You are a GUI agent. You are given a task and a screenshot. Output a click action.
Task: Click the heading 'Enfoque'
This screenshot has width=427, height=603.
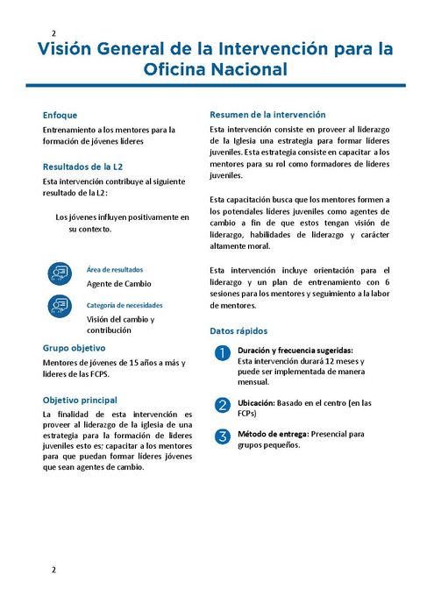coord(60,115)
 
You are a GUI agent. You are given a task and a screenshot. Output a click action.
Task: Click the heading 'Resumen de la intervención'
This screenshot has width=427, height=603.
coord(267,114)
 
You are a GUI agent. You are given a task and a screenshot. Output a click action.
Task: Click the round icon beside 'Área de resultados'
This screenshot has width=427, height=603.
coord(60,274)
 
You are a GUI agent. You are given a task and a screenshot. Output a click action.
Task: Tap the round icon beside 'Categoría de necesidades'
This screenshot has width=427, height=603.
coord(60,306)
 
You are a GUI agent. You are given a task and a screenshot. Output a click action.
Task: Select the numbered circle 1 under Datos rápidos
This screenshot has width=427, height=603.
coord(223,354)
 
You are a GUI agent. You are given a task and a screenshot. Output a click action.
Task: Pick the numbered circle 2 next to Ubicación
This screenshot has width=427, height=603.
coord(223,405)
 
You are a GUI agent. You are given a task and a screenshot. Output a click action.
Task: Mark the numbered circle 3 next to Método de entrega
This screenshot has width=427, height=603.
coord(223,436)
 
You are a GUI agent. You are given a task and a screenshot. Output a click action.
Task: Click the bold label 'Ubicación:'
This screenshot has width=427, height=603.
coord(258,403)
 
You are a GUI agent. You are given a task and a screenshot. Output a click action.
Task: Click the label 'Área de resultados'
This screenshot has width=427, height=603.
coord(115,269)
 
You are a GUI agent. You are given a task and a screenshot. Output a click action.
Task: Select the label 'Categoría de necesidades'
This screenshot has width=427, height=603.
coord(125,305)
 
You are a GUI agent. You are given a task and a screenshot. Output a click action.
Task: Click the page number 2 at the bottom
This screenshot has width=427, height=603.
coord(53,570)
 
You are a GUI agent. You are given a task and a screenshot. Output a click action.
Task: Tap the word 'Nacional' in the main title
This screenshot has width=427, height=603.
coord(246,67)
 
